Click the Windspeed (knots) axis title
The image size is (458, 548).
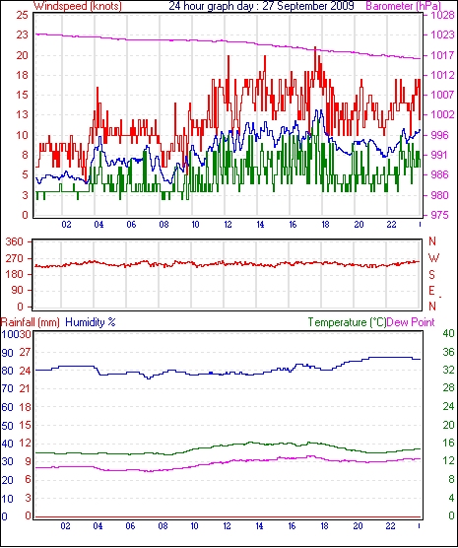pyautogui.click(x=78, y=6)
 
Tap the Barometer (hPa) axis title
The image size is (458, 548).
pyautogui.click(x=403, y=6)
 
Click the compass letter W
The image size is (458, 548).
pyautogui.click(x=433, y=258)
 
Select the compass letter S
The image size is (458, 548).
pyautogui.click(x=432, y=275)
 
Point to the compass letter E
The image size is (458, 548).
pyautogui.click(x=432, y=291)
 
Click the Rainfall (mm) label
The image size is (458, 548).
pyautogui.click(x=31, y=322)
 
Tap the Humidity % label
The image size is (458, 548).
pyautogui.click(x=91, y=322)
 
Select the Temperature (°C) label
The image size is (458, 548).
pyautogui.click(x=347, y=322)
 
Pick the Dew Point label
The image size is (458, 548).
pyautogui.click(x=411, y=322)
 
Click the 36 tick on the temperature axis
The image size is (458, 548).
pyautogui.click(x=448, y=352)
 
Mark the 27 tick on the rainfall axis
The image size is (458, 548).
pyautogui.click(x=26, y=352)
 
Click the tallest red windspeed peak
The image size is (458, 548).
pyautogui.click(x=315, y=47)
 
